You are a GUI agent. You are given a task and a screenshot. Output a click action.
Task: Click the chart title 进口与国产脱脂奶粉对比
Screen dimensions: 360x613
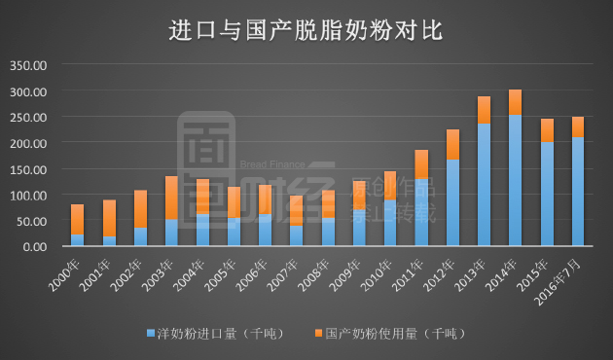click(306, 30)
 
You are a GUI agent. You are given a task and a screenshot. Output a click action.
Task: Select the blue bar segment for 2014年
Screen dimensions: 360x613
click(515, 180)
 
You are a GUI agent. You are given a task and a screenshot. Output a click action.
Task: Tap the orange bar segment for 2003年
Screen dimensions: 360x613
click(171, 198)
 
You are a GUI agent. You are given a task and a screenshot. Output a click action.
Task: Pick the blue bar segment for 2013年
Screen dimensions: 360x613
click(484, 185)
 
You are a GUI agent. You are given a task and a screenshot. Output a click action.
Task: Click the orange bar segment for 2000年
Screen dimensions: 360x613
click(78, 219)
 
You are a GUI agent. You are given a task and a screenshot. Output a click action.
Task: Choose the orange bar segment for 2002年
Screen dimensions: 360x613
click(140, 208)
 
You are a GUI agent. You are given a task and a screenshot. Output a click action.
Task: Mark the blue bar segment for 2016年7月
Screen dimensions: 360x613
click(578, 192)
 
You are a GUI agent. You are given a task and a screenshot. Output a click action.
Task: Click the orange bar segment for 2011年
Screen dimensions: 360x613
click(421, 164)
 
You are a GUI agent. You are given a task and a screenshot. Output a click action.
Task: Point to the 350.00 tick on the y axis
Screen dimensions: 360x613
click(27, 66)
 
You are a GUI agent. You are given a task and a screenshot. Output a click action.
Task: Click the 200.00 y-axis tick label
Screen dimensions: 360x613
click(27, 144)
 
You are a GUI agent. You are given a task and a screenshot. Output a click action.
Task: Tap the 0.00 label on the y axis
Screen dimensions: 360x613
click(34, 247)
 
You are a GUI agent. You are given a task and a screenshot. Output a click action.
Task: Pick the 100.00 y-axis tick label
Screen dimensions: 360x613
click(27, 196)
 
